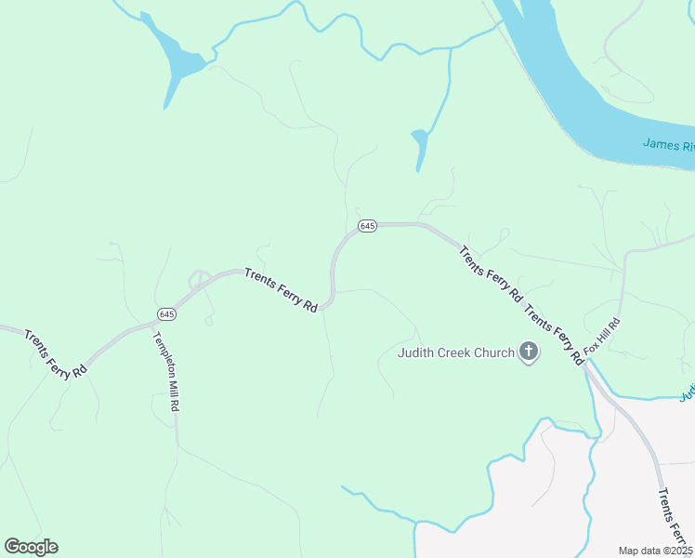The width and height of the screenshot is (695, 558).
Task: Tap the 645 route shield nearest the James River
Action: point(367,226)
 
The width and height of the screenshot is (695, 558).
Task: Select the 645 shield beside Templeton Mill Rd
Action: point(166,313)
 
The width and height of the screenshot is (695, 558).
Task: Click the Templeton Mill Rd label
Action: point(165,371)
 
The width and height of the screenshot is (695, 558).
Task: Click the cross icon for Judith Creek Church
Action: point(529,352)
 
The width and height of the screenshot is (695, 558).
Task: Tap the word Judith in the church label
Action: point(417,352)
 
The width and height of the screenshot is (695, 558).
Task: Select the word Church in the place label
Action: point(493,352)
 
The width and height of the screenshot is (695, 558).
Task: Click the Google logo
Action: point(31,547)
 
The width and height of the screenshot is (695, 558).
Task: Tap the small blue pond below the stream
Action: point(420,143)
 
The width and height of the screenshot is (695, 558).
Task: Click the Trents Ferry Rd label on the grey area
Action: point(675,521)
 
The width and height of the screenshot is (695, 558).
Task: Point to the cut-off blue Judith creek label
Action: point(687,394)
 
